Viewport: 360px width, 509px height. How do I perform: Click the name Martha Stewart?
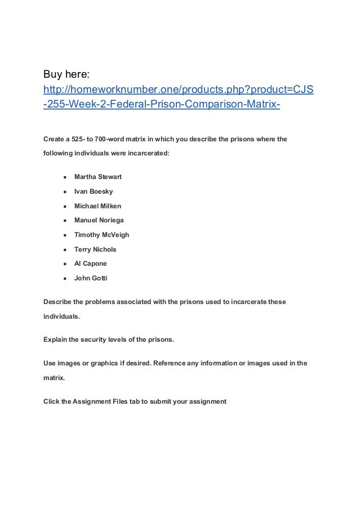98,177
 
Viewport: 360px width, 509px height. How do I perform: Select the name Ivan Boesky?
94,192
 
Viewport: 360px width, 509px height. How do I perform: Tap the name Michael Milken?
97,206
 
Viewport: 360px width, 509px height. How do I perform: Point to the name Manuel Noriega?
99,221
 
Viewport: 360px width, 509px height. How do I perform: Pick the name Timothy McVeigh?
101,235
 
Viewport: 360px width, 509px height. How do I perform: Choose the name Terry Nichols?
95,249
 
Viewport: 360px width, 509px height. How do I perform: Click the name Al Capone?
90,264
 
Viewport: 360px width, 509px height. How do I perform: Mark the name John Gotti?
91,278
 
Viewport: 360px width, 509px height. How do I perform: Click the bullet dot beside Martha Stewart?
65,177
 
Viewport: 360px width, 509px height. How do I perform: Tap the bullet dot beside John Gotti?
65,278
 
